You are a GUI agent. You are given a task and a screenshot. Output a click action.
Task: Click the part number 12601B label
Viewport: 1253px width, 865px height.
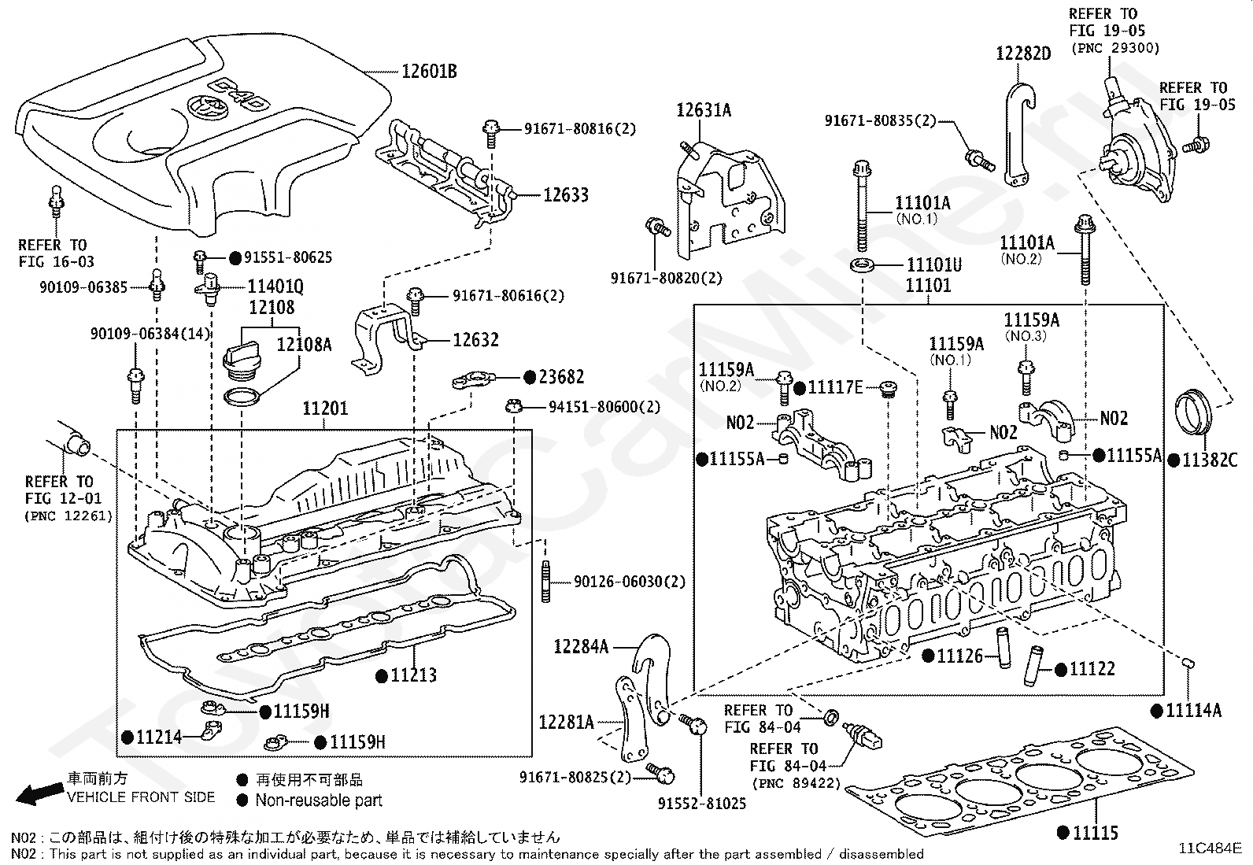point(430,72)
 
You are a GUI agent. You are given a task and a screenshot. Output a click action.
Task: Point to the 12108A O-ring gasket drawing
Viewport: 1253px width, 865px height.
point(242,396)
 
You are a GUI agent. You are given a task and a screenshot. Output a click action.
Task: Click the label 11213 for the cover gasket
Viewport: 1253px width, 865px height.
point(413,675)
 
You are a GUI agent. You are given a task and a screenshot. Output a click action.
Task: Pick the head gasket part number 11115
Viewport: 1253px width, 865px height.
point(1096,832)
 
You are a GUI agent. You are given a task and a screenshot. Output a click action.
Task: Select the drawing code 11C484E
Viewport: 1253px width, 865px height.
point(1209,848)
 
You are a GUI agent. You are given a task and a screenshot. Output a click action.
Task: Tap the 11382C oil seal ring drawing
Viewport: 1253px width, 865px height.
point(1192,412)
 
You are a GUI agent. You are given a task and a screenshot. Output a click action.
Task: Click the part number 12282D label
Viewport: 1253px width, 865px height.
point(1023,54)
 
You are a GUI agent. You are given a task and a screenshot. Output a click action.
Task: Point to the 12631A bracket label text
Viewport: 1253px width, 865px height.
point(704,110)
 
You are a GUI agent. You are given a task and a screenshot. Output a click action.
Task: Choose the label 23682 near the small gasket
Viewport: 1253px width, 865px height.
point(561,377)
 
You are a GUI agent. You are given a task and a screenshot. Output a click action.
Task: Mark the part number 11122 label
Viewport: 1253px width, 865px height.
point(1092,669)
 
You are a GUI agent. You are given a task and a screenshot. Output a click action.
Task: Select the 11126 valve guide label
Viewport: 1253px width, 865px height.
point(959,655)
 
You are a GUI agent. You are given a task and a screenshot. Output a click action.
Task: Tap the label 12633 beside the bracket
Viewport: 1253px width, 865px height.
point(565,194)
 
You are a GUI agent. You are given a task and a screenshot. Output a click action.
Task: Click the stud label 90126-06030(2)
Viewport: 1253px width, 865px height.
point(629,582)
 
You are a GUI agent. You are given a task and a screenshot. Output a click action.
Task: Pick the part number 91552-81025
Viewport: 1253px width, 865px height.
point(702,804)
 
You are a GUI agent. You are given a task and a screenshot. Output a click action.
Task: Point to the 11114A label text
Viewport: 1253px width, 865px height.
point(1193,710)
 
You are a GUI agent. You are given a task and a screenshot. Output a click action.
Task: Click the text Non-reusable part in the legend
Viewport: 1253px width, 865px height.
point(319,800)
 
